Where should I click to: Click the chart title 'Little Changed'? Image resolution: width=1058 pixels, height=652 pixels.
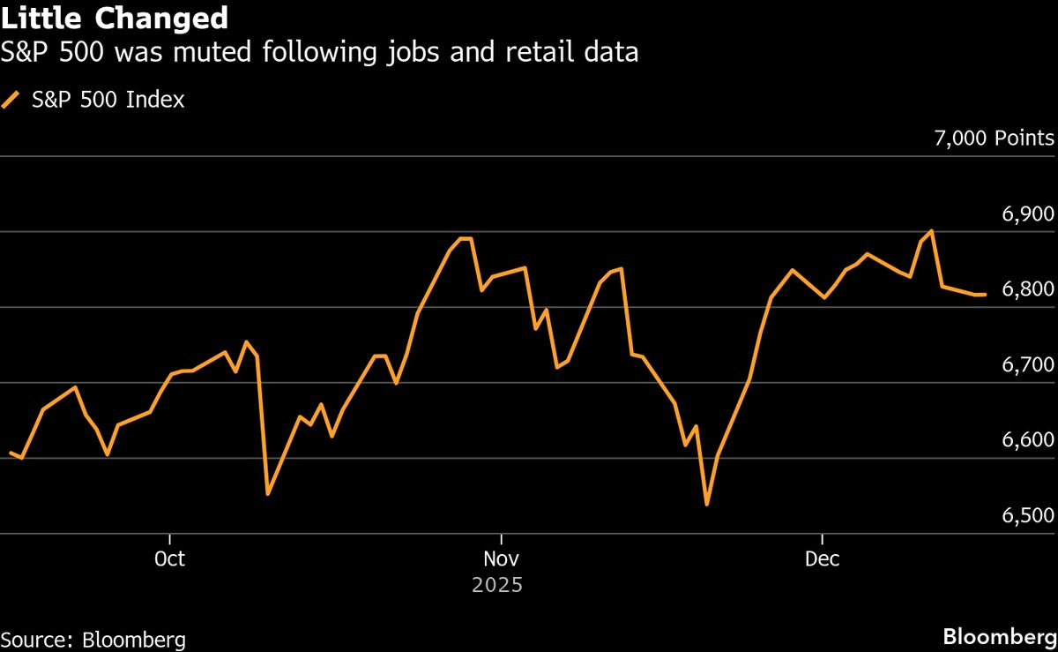tap(115, 18)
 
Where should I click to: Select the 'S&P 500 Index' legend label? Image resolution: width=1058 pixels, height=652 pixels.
tap(108, 100)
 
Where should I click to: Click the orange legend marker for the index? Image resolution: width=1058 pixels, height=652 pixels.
tap(12, 100)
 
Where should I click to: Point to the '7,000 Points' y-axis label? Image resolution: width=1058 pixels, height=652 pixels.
tap(993, 139)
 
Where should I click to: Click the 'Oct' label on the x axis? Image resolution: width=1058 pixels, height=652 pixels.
tap(169, 559)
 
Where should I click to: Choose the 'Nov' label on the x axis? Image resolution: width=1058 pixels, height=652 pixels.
tap(501, 559)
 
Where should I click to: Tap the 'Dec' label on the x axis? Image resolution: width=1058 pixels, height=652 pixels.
tap(822, 559)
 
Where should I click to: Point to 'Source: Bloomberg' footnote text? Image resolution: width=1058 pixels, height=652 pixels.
tap(93, 639)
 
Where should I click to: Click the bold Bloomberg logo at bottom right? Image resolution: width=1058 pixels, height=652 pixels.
tap(999, 637)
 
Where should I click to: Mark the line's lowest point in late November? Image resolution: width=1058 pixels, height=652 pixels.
tap(706, 505)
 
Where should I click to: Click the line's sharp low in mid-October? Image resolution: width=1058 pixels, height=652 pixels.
tap(267, 494)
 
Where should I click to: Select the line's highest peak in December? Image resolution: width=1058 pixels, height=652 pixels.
tap(932, 231)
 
